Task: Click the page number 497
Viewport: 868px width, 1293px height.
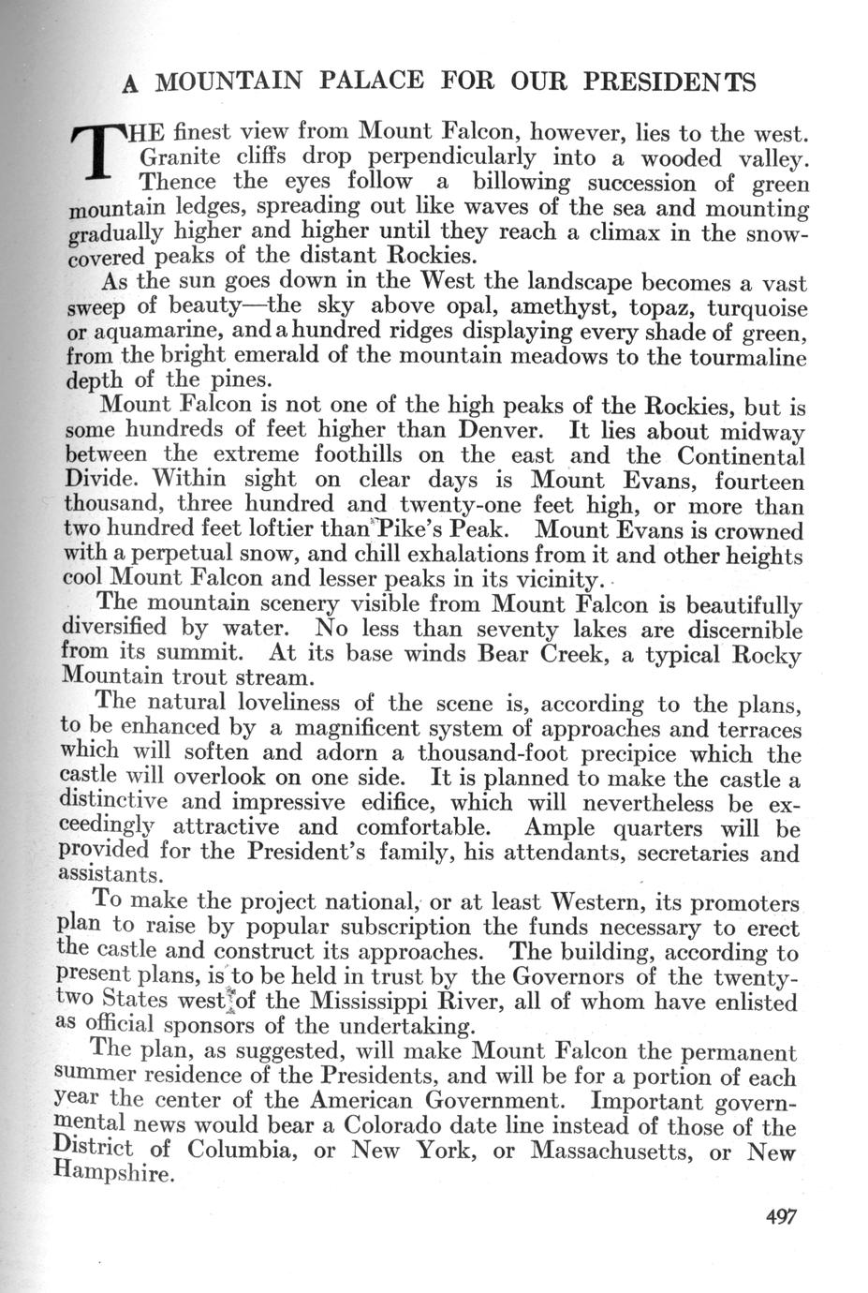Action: coord(780,1216)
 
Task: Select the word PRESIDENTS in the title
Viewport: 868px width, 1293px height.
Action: coord(669,82)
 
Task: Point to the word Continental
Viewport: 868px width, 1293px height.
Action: coord(741,456)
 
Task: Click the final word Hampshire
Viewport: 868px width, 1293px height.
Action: coord(114,1173)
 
